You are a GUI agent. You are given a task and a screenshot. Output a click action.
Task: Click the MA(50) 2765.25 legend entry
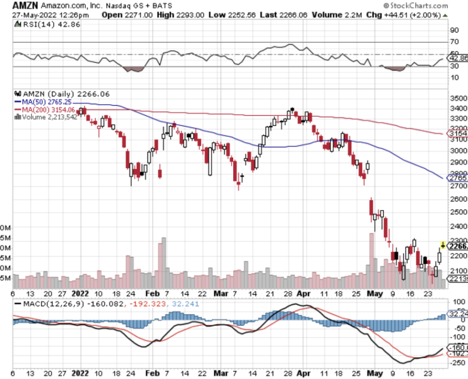click(x=42, y=102)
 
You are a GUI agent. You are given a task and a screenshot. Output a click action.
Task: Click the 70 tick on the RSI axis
click(x=454, y=42)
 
